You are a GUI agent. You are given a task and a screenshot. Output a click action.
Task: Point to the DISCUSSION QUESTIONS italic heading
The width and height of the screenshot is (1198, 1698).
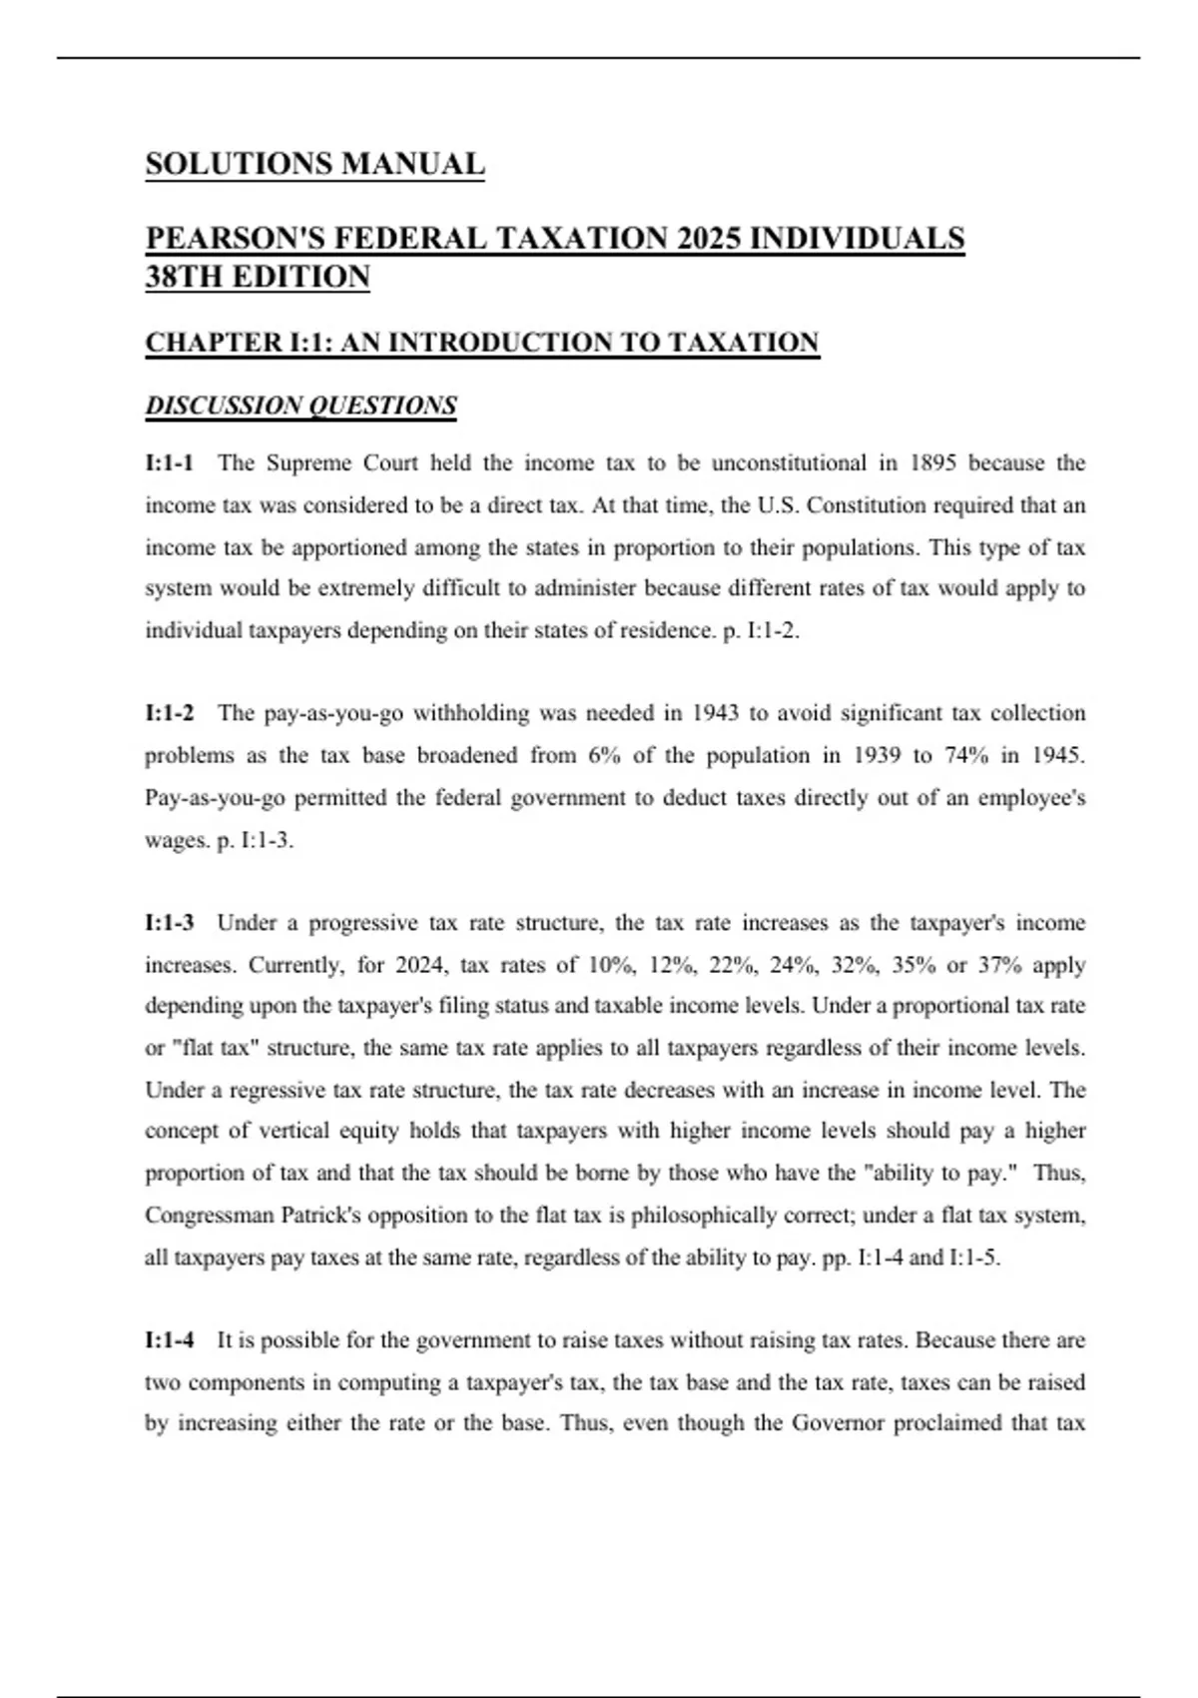click(x=300, y=406)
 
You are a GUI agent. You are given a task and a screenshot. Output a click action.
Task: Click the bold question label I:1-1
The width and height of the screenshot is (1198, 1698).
click(x=170, y=463)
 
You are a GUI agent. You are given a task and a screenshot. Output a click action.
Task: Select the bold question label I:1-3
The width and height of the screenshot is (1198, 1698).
click(x=170, y=923)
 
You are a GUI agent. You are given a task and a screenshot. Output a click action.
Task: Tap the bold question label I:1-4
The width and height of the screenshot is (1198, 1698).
click(x=170, y=1340)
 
